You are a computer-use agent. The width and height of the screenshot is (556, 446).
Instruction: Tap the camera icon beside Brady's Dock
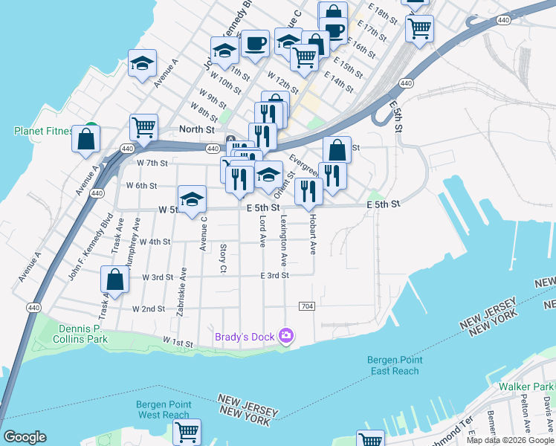[286, 337]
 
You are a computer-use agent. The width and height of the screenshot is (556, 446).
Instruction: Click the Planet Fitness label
[43, 132]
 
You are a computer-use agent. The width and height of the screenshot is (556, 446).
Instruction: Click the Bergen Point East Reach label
[395, 366]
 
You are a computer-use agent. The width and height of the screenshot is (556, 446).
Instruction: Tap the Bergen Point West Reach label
[163, 410]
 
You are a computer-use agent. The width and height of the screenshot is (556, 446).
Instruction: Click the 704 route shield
[306, 306]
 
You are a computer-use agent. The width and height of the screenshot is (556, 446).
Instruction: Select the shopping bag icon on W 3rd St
[115, 280]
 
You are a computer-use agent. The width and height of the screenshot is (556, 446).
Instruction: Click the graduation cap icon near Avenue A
[142, 64]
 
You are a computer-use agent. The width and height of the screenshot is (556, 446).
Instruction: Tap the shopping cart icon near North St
[143, 127]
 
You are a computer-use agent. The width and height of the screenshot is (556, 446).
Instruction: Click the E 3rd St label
[274, 275]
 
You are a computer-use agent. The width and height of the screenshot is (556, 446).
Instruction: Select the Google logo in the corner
[25, 437]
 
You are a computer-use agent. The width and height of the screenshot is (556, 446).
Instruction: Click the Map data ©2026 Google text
[510, 440]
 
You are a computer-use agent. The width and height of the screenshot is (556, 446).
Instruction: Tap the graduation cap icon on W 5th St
[192, 198]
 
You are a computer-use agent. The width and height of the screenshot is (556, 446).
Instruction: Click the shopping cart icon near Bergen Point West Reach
[187, 431]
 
